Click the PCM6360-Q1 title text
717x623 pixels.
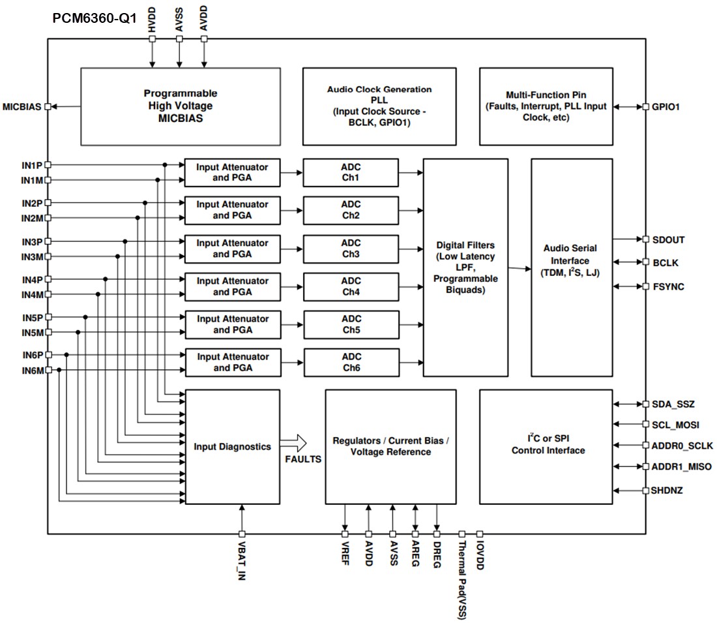point(95,18)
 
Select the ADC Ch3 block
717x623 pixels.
point(351,249)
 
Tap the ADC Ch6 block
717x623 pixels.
point(351,363)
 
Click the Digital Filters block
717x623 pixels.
point(465,267)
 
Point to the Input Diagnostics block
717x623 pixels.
point(233,447)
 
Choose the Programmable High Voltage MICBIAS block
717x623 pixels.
point(180,106)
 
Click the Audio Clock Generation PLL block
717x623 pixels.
point(379,106)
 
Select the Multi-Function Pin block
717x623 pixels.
point(546,106)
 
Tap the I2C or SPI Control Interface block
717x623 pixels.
point(546,447)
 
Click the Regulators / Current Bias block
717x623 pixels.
point(390,447)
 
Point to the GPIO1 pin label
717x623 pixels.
point(666,106)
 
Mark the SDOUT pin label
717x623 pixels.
point(668,239)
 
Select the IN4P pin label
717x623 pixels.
point(31,279)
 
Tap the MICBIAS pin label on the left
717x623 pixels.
point(22,106)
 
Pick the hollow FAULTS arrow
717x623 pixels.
point(293,444)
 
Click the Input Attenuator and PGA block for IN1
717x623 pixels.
point(233,173)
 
